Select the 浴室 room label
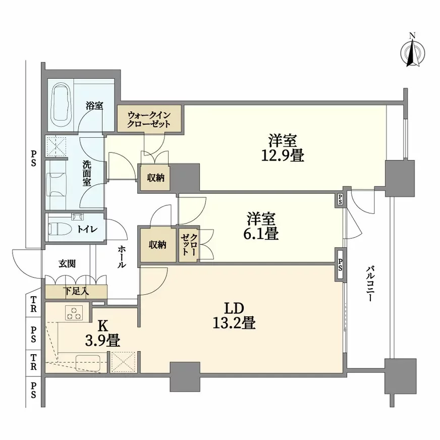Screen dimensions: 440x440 pyautogui.click(x=94, y=106)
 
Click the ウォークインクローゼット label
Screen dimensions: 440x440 pyautogui.click(x=148, y=119)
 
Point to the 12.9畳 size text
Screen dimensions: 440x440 pyautogui.click(x=282, y=148)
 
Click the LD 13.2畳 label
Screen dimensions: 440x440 pyautogui.click(x=234, y=315)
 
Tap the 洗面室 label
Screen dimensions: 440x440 pyautogui.click(x=87, y=173)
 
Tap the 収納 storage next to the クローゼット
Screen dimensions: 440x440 pyautogui.click(x=157, y=244)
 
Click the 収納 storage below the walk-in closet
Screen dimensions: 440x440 pyautogui.click(x=155, y=178)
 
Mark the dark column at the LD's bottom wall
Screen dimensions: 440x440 pyautogui.click(x=185, y=376)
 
